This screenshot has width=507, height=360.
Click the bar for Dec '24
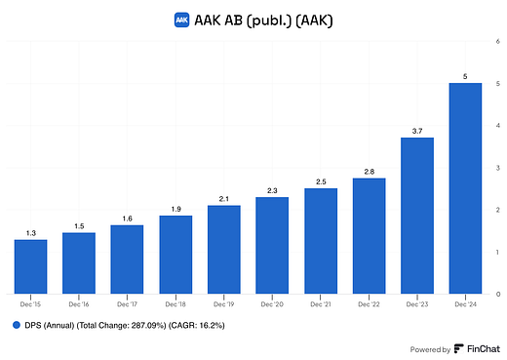pos(464,188)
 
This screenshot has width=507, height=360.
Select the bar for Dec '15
pos(30,266)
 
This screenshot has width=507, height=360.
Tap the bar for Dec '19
pos(223,249)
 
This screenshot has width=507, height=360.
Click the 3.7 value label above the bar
pos(416,131)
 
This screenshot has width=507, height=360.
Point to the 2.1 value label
pos(223,198)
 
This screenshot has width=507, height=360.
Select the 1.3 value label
pos(30,232)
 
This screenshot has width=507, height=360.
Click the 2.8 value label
pos(368,171)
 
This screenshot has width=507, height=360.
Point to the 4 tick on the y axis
pos(499,126)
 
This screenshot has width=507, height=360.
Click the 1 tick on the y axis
pos(499,252)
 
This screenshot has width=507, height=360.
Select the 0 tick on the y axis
pos(499,294)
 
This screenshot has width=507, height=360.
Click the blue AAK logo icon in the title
pos(180,19)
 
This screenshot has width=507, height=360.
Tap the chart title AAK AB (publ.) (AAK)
pos(261,19)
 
